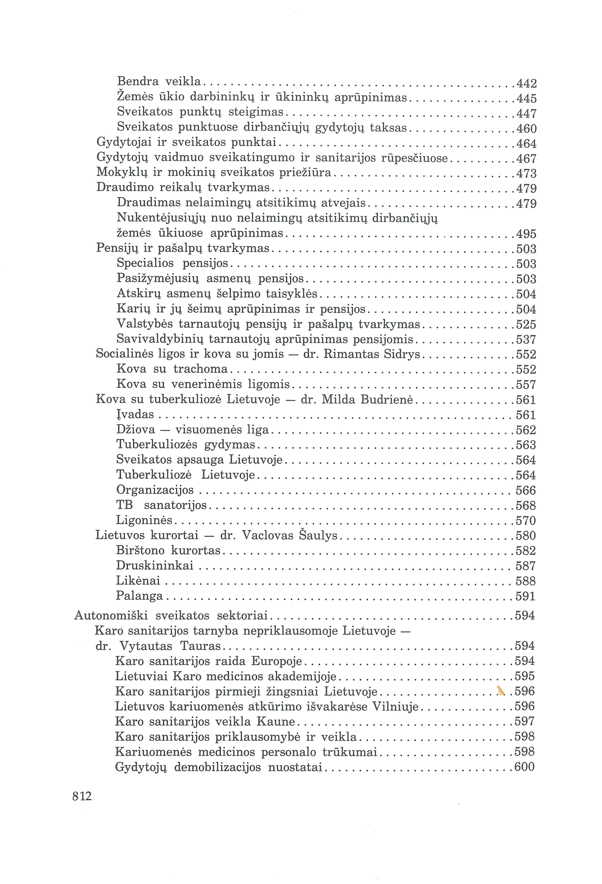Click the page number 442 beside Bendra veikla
click(526, 83)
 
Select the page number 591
click(525, 596)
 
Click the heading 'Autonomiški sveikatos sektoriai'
click(171, 615)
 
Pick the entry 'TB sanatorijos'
click(161, 505)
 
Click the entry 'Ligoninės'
click(145, 520)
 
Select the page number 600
click(524, 767)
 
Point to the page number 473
click(526, 173)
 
